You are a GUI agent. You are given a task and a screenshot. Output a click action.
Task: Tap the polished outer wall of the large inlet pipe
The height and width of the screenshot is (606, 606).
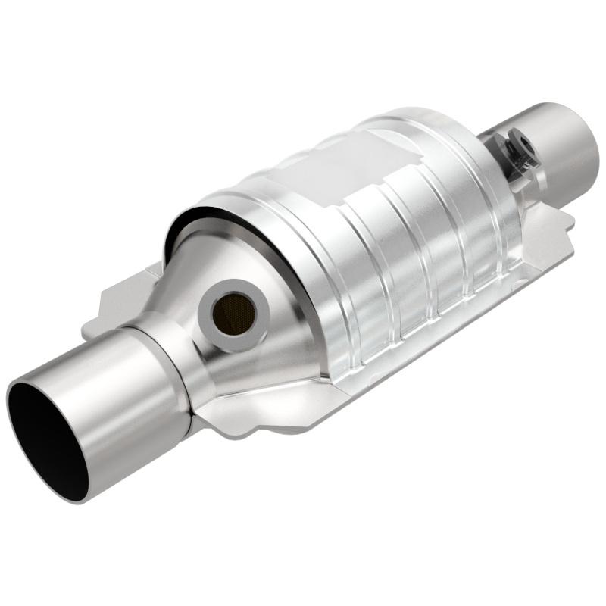click(121, 394)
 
